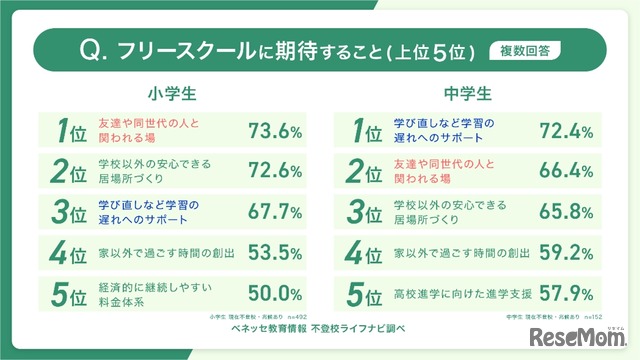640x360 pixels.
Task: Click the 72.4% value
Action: click(x=567, y=131)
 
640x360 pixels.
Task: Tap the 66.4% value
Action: click(x=567, y=171)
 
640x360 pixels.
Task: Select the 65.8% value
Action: click(x=567, y=212)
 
